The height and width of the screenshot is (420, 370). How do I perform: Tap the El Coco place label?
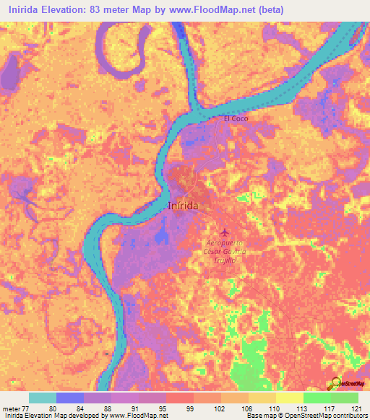(x=236, y=118)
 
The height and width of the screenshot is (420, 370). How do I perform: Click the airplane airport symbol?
(x=224, y=232)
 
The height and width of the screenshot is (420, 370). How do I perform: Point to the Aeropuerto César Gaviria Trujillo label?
(x=225, y=251)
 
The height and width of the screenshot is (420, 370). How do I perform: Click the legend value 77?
(x=28, y=408)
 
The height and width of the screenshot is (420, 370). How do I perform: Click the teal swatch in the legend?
(x=42, y=398)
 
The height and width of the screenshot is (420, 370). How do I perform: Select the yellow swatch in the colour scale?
(x=289, y=398)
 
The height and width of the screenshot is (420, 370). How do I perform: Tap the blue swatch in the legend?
(x=69, y=398)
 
